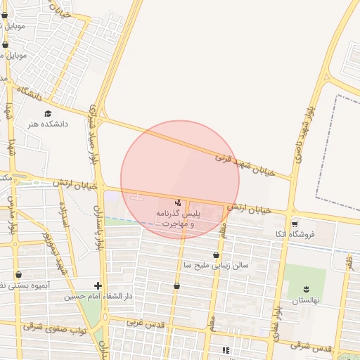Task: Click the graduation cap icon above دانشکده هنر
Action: [48, 113]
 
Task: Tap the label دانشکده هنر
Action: [48, 124]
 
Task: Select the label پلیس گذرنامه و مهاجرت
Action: [181, 217]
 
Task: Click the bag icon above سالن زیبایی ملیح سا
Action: [216, 255]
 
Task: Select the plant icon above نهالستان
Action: [306, 288]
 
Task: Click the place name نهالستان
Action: [306, 300]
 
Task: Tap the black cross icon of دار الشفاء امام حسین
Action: [98, 285]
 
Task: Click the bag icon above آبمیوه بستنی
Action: [18, 275]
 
